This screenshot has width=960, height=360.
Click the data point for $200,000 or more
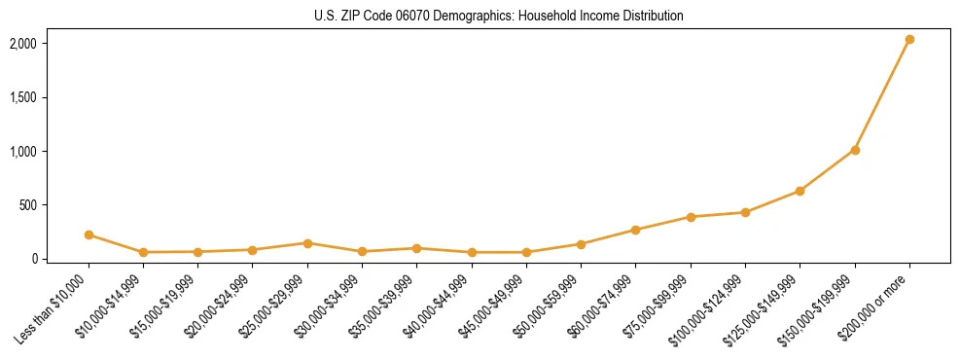pyautogui.click(x=909, y=40)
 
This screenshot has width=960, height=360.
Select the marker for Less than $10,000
pyautogui.click(x=89, y=234)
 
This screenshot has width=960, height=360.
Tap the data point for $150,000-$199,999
pyautogui.click(x=855, y=150)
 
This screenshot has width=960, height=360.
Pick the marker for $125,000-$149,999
pyautogui.click(x=800, y=191)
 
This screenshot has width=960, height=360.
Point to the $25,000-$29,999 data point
pyautogui.click(x=307, y=243)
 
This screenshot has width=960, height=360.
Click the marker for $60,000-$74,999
pyautogui.click(x=636, y=230)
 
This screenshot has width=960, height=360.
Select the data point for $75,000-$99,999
pyautogui.click(x=691, y=217)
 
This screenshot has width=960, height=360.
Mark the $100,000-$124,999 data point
pyautogui.click(x=745, y=212)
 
